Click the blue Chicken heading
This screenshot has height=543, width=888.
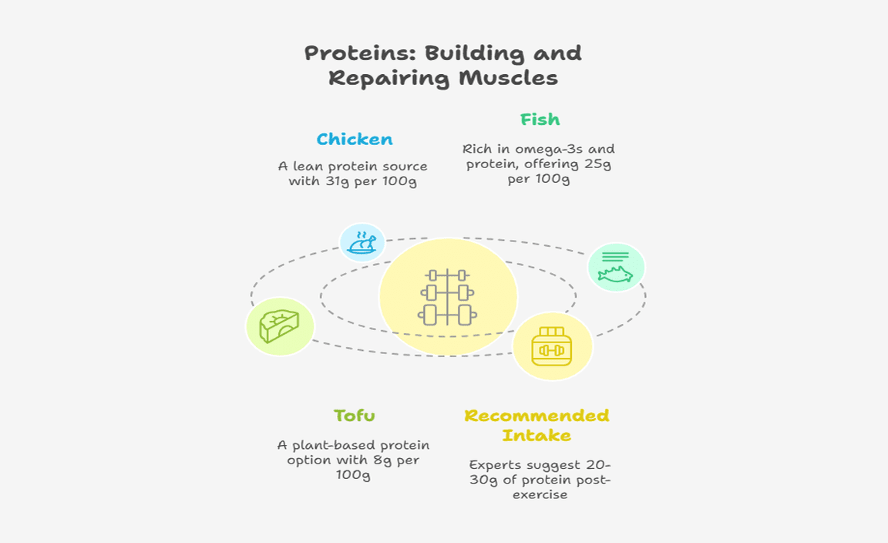click(x=355, y=140)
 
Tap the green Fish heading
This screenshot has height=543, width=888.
click(x=540, y=120)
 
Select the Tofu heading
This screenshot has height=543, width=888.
click(x=354, y=416)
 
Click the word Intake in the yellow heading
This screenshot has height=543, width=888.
click(x=536, y=436)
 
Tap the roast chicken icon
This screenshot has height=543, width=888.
click(x=362, y=243)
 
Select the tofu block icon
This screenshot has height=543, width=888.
click(x=280, y=326)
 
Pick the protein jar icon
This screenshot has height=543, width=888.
click(x=552, y=346)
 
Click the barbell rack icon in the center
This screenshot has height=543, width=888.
click(x=448, y=297)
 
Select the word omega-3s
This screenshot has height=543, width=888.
click(x=550, y=149)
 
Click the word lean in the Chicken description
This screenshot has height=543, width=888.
click(x=305, y=167)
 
